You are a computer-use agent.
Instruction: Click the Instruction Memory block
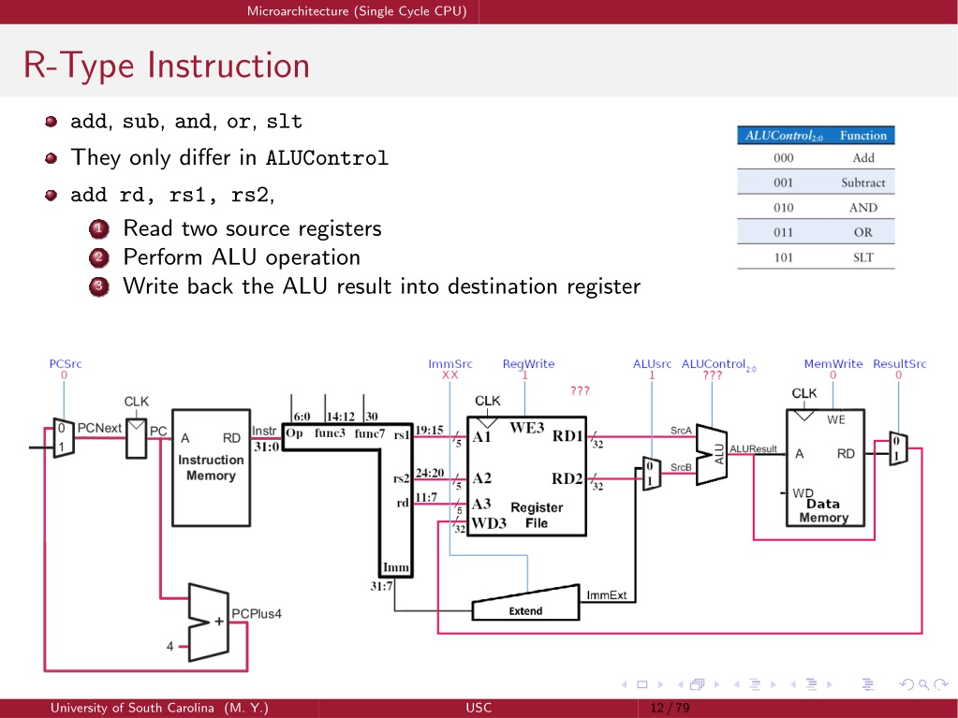tap(211, 468)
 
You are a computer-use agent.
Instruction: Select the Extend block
tap(525, 603)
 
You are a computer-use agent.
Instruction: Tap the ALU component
tap(711, 455)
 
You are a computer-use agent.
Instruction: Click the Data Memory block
tap(825, 468)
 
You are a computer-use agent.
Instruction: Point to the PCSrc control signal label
tap(66, 364)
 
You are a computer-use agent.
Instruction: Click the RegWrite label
tap(528, 364)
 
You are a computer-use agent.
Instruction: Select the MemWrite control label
tap(833, 364)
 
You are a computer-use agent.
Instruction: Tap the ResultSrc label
tap(899, 364)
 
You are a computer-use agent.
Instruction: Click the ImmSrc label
tap(450, 364)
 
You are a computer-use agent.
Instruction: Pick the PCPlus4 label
tap(256, 613)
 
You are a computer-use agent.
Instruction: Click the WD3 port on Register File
tap(489, 523)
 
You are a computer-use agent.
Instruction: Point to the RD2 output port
tap(567, 478)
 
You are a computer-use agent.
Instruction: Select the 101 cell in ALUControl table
tap(783, 257)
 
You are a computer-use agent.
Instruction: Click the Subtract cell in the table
tap(862, 183)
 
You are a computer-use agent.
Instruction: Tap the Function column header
tap(862, 136)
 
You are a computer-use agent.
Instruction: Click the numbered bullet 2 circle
tap(99, 257)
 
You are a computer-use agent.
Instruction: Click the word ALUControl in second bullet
tap(327, 158)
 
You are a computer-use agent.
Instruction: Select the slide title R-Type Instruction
tap(167, 66)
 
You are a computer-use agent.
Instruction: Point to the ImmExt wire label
tap(607, 595)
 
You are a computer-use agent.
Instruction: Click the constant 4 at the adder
tap(169, 646)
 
